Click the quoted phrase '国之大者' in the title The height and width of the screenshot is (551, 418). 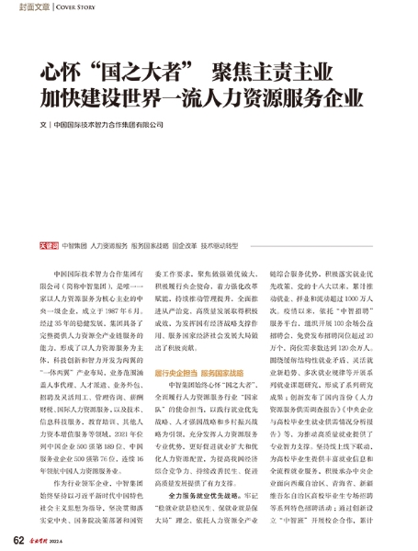(137, 71)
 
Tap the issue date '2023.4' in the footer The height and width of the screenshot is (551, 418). (80, 540)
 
